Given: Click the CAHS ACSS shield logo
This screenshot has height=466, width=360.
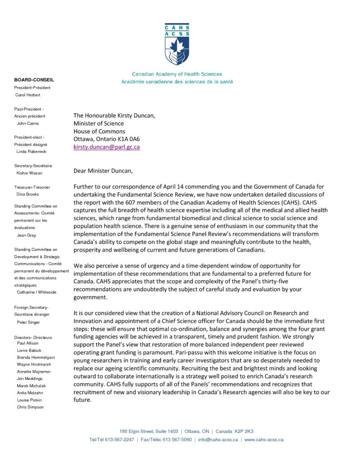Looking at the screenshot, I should click(177, 45).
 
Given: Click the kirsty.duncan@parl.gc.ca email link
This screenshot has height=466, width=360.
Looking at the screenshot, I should click(106, 147).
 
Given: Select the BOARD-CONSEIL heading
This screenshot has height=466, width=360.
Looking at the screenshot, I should click(34, 80).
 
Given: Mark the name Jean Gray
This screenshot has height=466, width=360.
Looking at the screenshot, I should click(27, 235).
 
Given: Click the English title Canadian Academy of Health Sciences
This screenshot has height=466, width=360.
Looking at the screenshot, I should click(177, 74).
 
